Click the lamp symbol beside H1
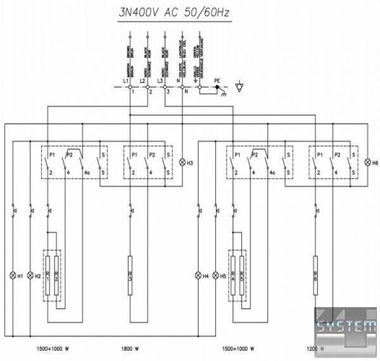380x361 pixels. coord(12,276)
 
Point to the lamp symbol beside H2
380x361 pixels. coord(30,276)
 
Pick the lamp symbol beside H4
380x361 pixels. coord(198,276)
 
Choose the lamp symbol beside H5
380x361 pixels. coord(215,276)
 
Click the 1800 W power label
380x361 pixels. coord(129,348)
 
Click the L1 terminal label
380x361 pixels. coord(125,81)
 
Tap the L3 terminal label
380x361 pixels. coord(160,81)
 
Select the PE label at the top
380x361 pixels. coord(217,81)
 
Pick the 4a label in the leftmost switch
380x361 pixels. coord(87,172)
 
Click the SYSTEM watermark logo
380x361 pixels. coord(346,327)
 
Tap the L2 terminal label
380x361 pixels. coord(142,81)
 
